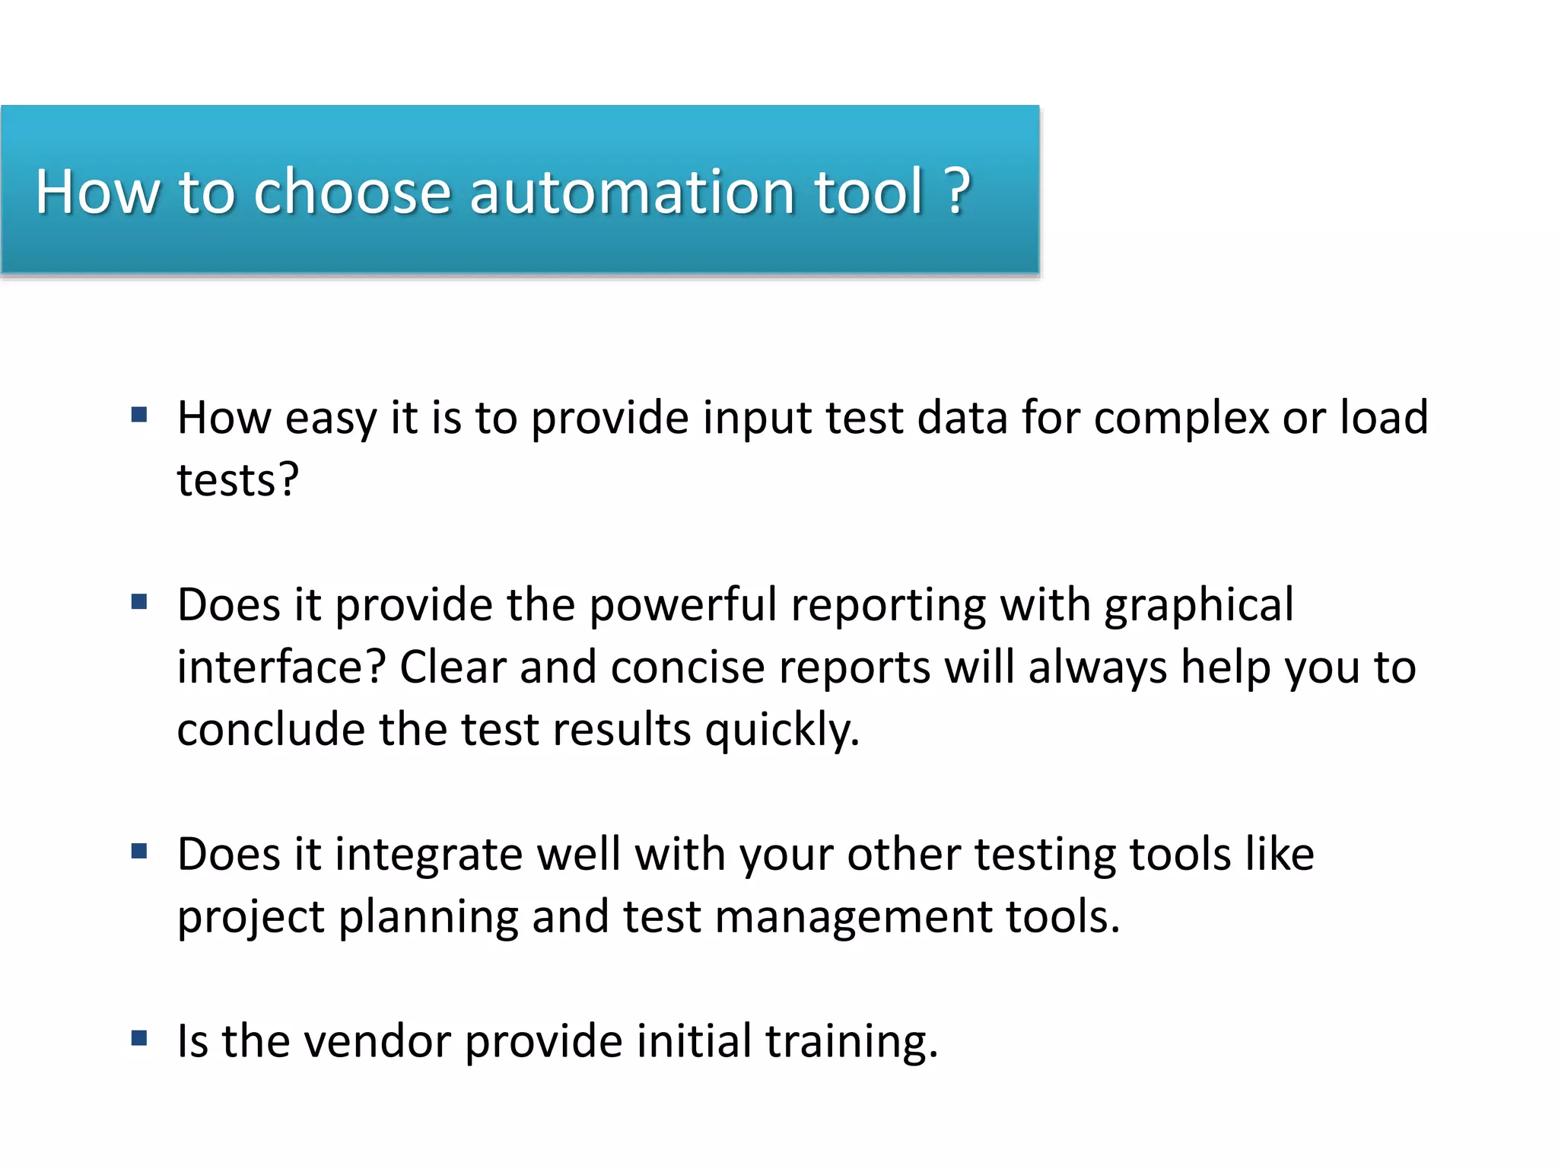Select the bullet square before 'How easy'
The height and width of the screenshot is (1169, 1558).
139,415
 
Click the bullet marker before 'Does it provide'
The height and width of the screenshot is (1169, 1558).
139,602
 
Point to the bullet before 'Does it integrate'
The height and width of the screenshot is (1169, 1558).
139,851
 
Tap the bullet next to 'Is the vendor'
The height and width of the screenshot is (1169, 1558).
139,1038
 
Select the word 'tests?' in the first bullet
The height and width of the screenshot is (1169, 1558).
238,481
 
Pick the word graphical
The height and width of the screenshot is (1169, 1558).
1199,606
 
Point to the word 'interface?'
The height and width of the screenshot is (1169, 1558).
282,668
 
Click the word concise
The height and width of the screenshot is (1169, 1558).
688,668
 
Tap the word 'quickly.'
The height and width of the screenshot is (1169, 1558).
782,731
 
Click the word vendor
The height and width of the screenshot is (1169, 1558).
376,1042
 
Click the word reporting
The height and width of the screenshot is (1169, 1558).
888,606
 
